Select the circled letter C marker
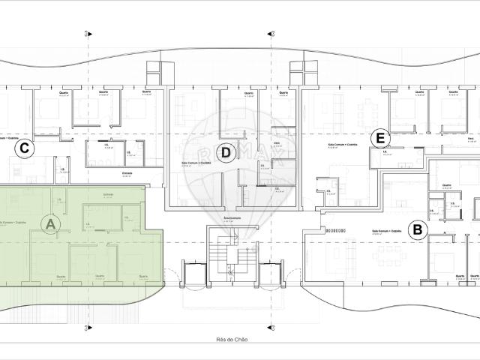[25, 148]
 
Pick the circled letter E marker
[380, 139]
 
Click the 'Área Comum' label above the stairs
[232, 217]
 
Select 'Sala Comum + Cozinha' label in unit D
[196, 162]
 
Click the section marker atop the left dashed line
[88, 33]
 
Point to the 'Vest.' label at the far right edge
[470, 139]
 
